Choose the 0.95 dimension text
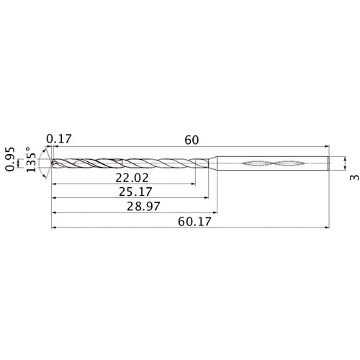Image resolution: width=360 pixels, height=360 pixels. [x=10, y=163]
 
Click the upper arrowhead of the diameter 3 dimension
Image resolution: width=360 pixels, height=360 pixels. [x=345, y=156]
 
